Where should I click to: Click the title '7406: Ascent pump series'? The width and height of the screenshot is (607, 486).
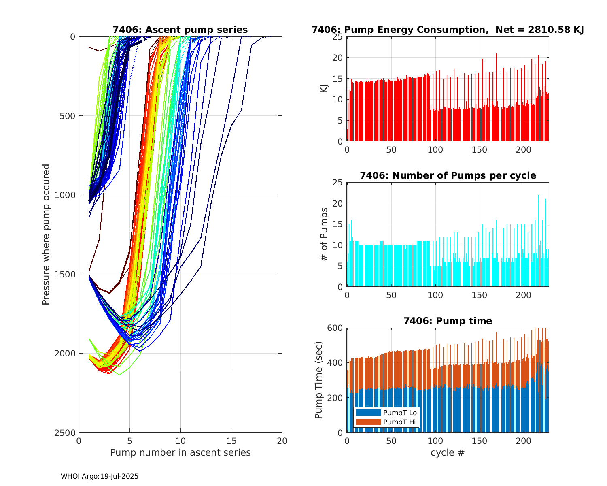click(180, 30)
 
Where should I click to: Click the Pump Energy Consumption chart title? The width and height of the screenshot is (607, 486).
click(448, 30)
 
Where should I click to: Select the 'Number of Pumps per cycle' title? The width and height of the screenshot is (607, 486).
click(448, 175)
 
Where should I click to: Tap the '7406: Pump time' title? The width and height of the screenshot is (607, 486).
click(448, 321)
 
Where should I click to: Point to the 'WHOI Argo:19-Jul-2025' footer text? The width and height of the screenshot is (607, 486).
click(100, 476)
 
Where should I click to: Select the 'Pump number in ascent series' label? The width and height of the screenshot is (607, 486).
click(180, 452)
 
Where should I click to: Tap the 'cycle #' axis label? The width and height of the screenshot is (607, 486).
click(448, 452)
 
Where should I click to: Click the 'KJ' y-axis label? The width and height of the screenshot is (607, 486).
click(324, 89)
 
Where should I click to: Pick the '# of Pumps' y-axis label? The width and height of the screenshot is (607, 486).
click(324, 234)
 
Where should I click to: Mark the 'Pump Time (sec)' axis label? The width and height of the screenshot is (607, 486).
click(319, 380)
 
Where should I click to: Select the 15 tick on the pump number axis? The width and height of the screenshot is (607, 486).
click(231, 441)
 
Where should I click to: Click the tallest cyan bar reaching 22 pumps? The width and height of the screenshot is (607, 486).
click(539, 241)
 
